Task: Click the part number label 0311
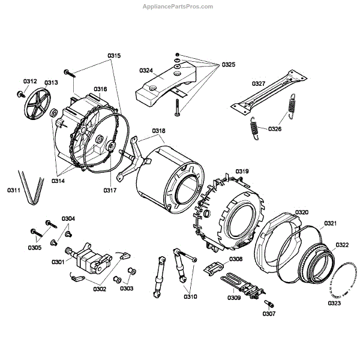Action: [x=14, y=190]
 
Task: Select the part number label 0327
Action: [x=259, y=83]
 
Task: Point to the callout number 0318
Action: [x=158, y=131]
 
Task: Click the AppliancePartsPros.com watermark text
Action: [x=178, y=6]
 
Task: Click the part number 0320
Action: [x=302, y=212]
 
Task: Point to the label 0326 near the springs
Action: [x=275, y=129]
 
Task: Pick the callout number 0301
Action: [x=58, y=262]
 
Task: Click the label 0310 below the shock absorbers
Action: [x=190, y=296]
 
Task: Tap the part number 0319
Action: [x=242, y=171]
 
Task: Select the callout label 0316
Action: [x=100, y=89]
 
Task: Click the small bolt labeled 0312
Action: [x=22, y=94]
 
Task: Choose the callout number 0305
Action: [x=34, y=247]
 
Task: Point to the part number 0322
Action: [x=341, y=245]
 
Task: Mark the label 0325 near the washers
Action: [x=229, y=64]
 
